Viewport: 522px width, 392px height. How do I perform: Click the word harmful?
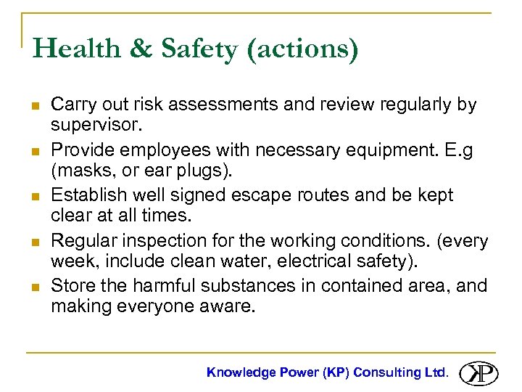(x=159, y=286)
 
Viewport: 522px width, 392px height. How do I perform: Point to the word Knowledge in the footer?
(x=241, y=372)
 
